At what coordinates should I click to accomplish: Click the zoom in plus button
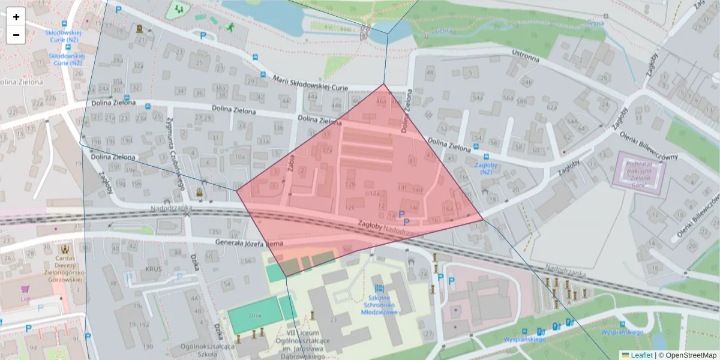(x=16, y=17)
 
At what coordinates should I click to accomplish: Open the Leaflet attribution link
(x=637, y=355)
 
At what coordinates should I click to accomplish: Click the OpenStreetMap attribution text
(x=687, y=355)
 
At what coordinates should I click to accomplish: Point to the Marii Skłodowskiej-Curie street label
(x=310, y=83)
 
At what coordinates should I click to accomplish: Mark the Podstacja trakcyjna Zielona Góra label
(x=640, y=170)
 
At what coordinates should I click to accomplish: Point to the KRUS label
(x=153, y=269)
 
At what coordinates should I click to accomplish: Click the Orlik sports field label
(x=255, y=315)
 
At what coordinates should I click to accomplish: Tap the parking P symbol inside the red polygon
(x=401, y=214)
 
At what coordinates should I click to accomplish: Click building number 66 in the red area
(x=346, y=248)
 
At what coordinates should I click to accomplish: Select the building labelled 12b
(x=351, y=184)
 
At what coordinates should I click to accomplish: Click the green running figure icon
(x=230, y=27)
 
